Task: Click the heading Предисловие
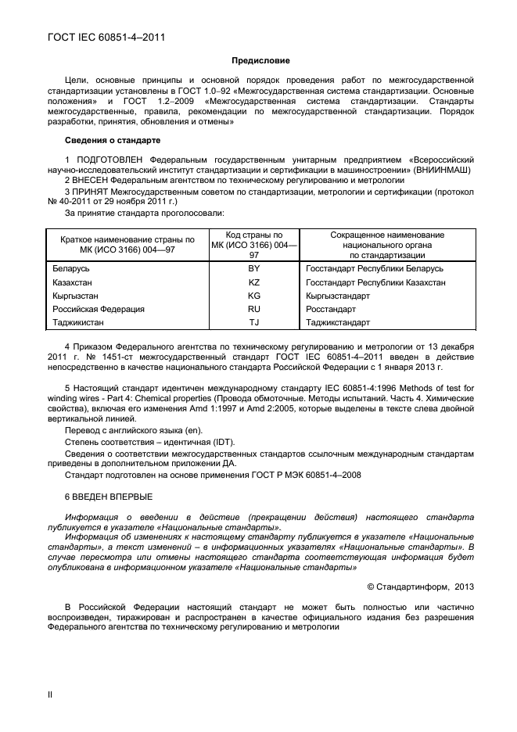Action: (260, 60)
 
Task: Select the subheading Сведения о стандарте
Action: (113, 140)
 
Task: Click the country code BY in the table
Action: (253, 268)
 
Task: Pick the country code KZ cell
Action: (253, 282)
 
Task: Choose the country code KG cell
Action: (253, 296)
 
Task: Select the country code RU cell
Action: (253, 309)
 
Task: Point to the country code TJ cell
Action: (253, 322)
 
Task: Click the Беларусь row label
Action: (70, 268)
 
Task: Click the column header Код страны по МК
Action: (253, 244)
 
